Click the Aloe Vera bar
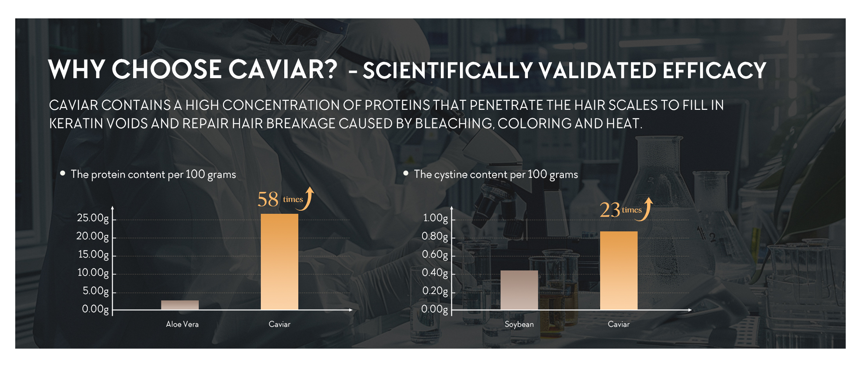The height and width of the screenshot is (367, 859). pos(180,305)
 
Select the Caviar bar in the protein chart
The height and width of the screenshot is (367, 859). pos(280,262)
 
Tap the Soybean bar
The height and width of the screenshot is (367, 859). pos(519,290)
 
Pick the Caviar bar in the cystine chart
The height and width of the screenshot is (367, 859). pos(619,270)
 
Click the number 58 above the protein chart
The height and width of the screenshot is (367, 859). pos(268,199)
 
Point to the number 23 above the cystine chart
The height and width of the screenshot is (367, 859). pos(610,210)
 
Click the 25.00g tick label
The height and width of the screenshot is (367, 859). pos(93,218)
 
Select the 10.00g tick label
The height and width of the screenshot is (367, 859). pos(93,273)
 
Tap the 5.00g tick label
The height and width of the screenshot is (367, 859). pos(96,291)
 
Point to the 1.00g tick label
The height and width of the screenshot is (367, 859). pos(436,218)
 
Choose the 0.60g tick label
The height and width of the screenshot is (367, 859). pos(435,255)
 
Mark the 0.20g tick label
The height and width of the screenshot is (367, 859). pos(435,291)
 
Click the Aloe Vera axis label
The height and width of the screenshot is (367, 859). pos(182,324)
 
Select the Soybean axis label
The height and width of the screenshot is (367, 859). pos(519,324)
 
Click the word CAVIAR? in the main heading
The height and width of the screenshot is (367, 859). pos(283,69)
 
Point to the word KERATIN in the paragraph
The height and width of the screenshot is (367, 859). pos(77,124)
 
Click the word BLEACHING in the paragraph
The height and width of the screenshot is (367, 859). pos(453,124)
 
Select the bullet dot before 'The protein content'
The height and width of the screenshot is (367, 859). pos(62,173)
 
